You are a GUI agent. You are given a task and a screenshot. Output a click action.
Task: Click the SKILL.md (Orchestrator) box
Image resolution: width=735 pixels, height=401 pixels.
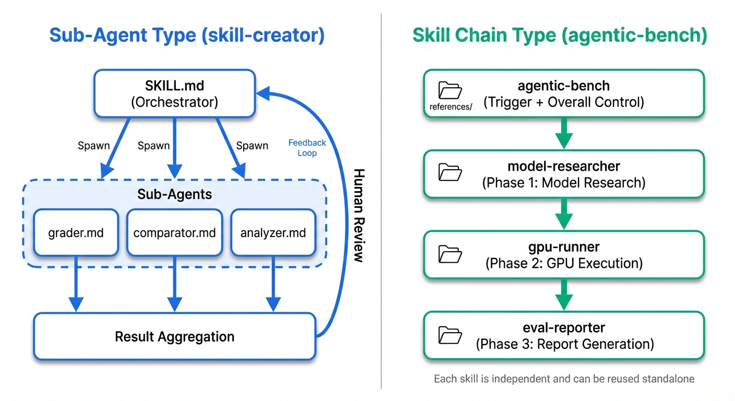tap(174, 93)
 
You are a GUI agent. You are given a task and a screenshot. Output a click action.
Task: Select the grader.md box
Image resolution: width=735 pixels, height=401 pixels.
tap(76, 232)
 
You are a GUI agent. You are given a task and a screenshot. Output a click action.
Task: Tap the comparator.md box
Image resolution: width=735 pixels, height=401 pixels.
tap(174, 232)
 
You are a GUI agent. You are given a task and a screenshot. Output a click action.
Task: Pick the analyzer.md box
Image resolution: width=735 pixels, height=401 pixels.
tap(273, 232)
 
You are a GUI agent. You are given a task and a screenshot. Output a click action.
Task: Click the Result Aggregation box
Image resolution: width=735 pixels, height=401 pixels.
tap(174, 336)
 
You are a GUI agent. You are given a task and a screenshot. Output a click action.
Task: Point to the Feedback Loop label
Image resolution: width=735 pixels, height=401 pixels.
tap(307, 148)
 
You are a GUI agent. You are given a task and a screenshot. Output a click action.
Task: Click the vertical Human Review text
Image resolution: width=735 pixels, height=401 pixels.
tap(358, 215)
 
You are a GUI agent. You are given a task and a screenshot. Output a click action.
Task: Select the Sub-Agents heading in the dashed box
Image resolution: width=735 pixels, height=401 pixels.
tap(174, 195)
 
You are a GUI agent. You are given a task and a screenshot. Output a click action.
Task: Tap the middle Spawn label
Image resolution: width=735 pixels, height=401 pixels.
tap(153, 146)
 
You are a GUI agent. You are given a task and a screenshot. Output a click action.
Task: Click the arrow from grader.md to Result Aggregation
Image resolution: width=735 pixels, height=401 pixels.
tap(76, 285)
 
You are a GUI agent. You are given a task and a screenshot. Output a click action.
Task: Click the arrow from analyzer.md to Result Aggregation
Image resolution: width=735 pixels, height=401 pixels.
tap(273, 285)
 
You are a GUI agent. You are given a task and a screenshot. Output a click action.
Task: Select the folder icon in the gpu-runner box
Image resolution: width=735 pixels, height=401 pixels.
tap(450, 253)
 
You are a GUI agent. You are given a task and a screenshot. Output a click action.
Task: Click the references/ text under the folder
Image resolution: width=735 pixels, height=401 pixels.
tap(451, 107)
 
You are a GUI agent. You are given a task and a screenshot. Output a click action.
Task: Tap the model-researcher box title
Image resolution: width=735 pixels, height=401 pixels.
tap(564, 167)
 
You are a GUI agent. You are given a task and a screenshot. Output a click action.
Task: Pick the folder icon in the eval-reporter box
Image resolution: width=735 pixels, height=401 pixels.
tap(450, 334)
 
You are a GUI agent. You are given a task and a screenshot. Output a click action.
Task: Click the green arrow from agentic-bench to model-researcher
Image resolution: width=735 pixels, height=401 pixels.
tap(564, 133)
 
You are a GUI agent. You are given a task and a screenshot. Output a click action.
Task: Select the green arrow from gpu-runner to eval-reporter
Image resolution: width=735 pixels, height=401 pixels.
tap(564, 295)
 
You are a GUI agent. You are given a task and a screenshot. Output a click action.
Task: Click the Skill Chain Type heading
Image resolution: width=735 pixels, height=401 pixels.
tap(560, 36)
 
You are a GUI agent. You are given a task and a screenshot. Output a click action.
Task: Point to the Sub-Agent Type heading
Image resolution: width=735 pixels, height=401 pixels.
tap(187, 36)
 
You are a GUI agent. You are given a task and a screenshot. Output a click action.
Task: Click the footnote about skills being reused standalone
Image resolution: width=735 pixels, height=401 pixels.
tap(564, 379)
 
